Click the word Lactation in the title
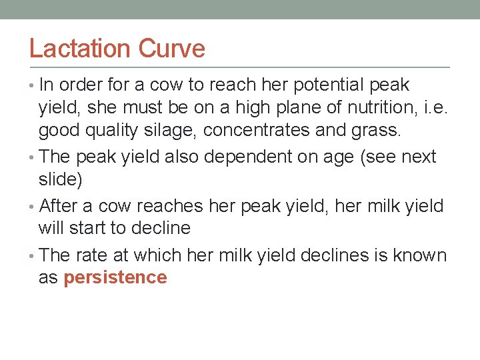coord(80,49)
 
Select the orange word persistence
coord(115,278)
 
